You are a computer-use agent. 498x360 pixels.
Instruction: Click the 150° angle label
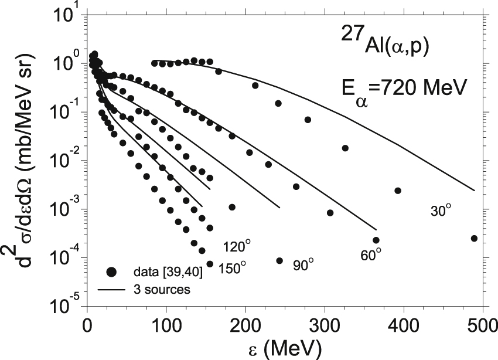coord(233,268)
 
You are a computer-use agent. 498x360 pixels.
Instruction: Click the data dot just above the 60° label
coord(376,240)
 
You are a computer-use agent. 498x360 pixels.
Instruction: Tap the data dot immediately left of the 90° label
coord(279,261)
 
